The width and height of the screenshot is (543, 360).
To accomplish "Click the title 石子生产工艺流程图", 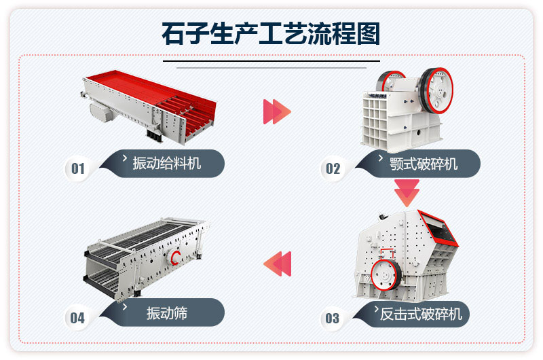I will coord(271,33).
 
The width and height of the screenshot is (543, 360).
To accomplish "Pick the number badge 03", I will coord(332,317).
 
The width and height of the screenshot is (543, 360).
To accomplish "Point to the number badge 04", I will coord(77,317).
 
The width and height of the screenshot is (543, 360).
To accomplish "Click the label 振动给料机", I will coord(166,163).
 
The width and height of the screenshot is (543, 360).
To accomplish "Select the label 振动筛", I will coord(166,313).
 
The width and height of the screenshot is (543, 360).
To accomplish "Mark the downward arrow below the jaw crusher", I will coord(407,193).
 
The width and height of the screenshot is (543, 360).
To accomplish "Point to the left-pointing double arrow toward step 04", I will coord(277,264).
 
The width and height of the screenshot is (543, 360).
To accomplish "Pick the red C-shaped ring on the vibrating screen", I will coord(176,257).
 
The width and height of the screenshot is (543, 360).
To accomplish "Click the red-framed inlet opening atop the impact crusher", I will coord(438,227).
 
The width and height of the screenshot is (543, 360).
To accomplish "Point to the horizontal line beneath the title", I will coord(271,67).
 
